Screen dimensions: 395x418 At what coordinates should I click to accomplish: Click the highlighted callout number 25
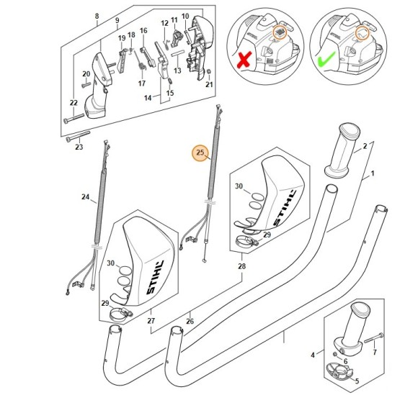point(200,153)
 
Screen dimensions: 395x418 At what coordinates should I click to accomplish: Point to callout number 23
point(79,147)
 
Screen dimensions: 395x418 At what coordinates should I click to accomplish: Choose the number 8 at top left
point(97,16)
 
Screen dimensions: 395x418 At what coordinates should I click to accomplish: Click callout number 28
point(241,266)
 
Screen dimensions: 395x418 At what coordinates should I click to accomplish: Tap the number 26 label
point(189,322)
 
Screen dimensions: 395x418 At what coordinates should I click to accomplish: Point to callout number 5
point(356,381)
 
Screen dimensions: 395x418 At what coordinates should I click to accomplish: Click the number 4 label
point(312,355)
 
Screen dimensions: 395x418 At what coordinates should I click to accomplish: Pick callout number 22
point(73,104)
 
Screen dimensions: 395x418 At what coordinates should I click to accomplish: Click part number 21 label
point(210,84)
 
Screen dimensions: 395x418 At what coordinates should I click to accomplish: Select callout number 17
point(142,83)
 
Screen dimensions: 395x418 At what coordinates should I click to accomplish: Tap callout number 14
point(148,97)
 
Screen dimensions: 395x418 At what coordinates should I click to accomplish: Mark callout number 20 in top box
point(86,74)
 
